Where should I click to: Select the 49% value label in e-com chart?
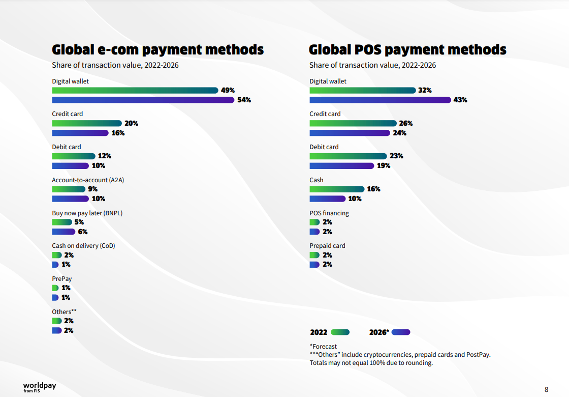(228, 90)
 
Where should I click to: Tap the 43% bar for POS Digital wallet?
(380, 100)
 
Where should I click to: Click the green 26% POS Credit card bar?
(353, 123)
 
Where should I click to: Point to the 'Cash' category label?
(317, 180)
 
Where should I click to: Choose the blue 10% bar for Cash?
(328, 198)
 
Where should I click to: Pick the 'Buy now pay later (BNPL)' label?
(87, 213)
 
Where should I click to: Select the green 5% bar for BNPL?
(62, 222)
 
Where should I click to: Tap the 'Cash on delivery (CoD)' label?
(83, 245)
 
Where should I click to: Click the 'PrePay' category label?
(61, 278)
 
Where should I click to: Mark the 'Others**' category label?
(64, 311)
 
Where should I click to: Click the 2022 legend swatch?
(340, 332)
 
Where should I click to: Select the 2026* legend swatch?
(401, 332)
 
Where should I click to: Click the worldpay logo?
(40, 387)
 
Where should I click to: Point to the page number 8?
(547, 389)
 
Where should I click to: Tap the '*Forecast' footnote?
(323, 346)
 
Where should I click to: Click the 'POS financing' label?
(329, 213)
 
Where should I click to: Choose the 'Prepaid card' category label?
(327, 245)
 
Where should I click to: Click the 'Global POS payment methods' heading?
(407, 49)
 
